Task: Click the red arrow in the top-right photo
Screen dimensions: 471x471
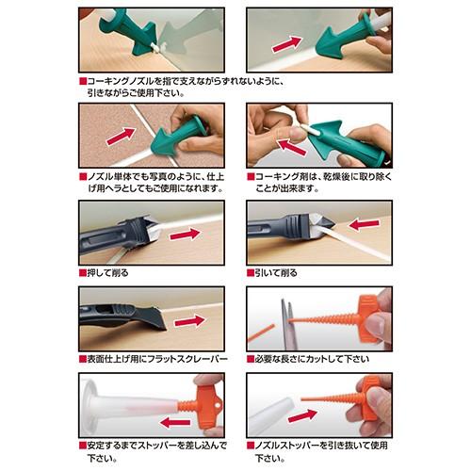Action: pos(287,44)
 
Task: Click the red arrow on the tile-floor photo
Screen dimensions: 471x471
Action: pos(122,137)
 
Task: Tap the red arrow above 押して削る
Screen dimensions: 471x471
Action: pos(185,234)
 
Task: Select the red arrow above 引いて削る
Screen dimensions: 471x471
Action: pos(365,224)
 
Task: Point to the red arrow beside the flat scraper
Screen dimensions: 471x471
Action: pos(189,321)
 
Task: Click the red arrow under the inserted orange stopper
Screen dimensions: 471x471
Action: pos(175,422)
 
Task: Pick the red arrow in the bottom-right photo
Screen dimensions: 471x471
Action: pos(302,415)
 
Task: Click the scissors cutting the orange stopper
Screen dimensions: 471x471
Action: pos(287,324)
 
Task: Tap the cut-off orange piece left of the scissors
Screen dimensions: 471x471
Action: pos(261,333)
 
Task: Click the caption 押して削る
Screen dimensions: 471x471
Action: pos(107,273)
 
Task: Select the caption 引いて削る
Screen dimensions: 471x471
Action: pos(276,273)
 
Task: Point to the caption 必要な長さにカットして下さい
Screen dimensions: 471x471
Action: pos(312,359)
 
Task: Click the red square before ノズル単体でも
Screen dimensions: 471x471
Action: pos(83,177)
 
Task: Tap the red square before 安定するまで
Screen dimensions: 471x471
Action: pos(83,446)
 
